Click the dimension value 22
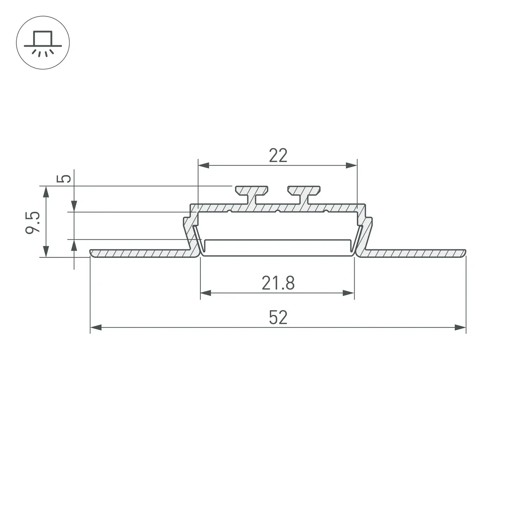pyautogui.click(x=278, y=155)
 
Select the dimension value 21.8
pyautogui.click(x=278, y=283)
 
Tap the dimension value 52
pyautogui.click(x=278, y=318)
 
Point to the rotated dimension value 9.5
pyautogui.click(x=33, y=223)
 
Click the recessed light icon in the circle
pyautogui.click(x=43, y=43)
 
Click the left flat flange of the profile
pyautogui.click(x=140, y=253)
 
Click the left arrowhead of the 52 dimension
pyautogui.click(x=96, y=327)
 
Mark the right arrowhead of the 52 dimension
pyautogui.click(x=460, y=327)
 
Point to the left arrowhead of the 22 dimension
pyautogui.click(x=204, y=165)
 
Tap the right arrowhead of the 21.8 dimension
pyautogui.click(x=348, y=293)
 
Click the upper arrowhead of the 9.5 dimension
pyautogui.click(x=46, y=192)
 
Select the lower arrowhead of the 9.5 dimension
pyautogui.click(x=46, y=251)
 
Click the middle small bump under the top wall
pyautogui.click(x=278, y=211)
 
